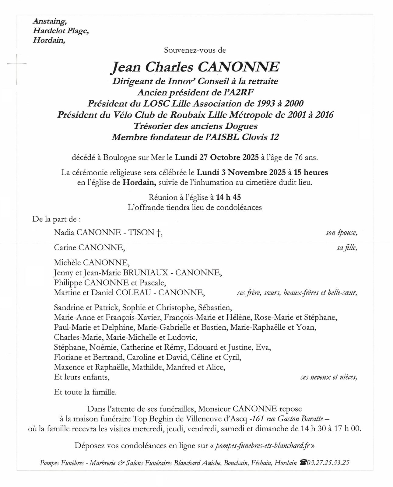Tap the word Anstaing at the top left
point(50,22)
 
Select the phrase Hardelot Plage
point(61,31)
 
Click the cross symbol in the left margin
point(16,64)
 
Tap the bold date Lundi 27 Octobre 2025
point(216,158)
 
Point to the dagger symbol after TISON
point(158,233)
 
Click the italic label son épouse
point(341,233)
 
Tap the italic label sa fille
point(347,248)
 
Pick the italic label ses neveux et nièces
point(328,377)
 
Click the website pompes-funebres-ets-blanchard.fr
point(262,446)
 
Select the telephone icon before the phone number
point(303,463)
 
